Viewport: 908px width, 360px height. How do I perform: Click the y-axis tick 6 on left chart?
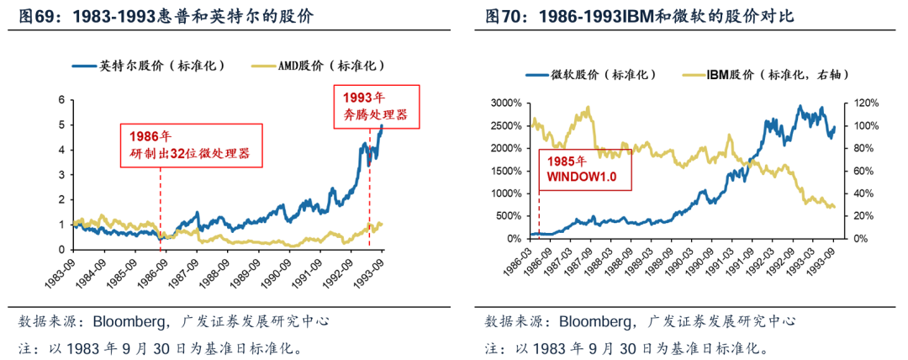[x=61, y=100]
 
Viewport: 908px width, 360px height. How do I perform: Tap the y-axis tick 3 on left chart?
[x=61, y=175]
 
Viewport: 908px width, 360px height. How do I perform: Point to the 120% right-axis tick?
[x=864, y=103]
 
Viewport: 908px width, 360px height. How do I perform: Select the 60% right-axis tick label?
[x=863, y=171]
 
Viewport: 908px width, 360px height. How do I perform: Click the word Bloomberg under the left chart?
[x=124, y=321]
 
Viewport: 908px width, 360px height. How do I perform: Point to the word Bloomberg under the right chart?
[x=592, y=321]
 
